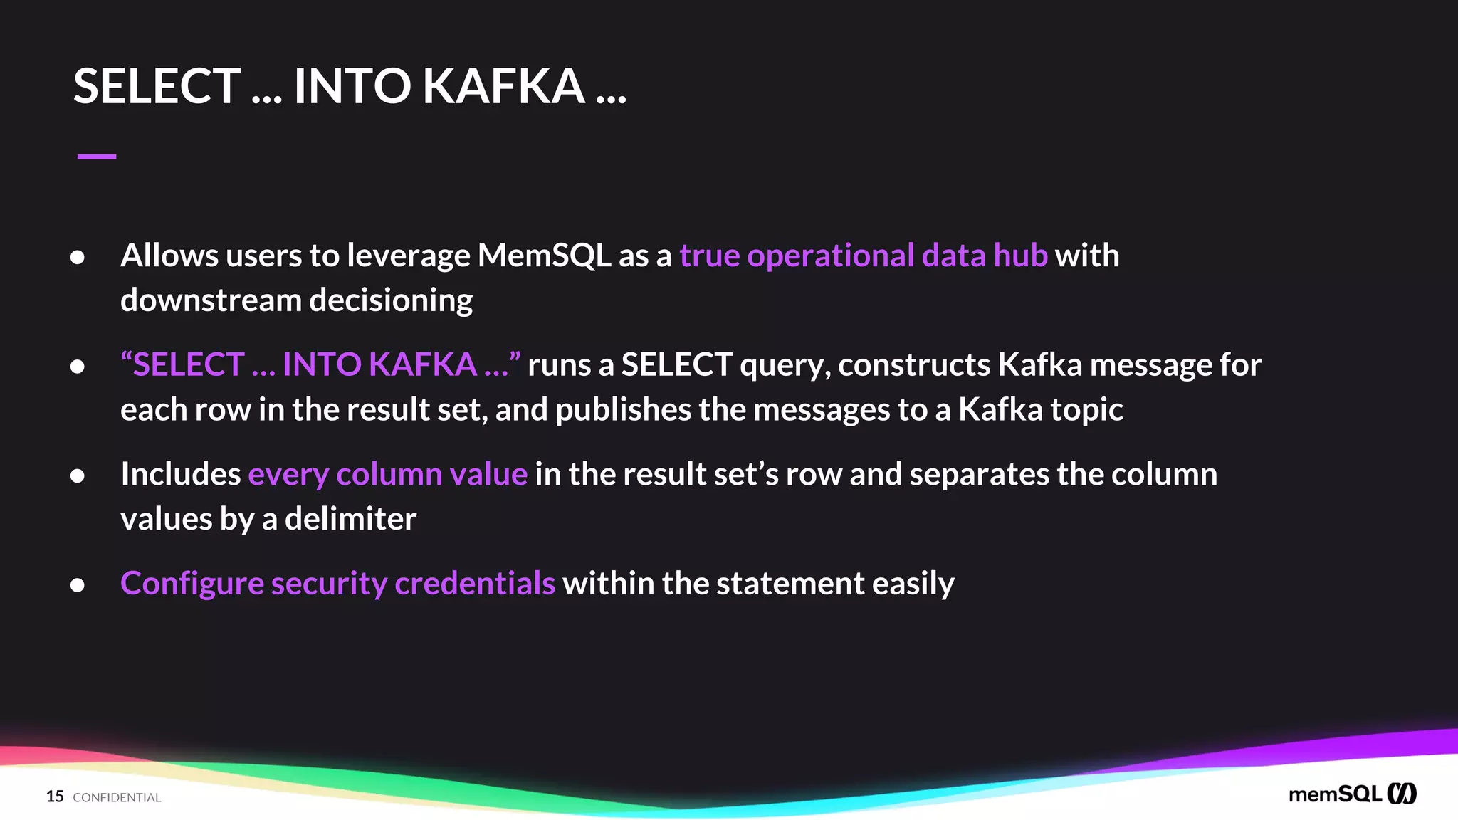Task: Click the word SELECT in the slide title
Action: (x=157, y=86)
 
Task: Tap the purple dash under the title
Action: (x=97, y=157)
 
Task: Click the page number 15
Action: (x=55, y=797)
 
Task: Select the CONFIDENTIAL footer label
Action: (x=117, y=798)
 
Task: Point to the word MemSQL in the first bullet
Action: (x=544, y=256)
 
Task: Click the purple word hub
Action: (x=1020, y=256)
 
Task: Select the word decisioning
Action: (x=391, y=300)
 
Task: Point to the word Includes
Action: (x=181, y=474)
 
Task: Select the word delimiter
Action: (x=350, y=519)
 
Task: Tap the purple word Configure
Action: (x=192, y=584)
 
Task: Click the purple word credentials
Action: (x=474, y=584)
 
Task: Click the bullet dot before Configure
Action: (x=78, y=585)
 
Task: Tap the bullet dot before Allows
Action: (x=78, y=257)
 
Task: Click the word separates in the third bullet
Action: (x=979, y=474)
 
